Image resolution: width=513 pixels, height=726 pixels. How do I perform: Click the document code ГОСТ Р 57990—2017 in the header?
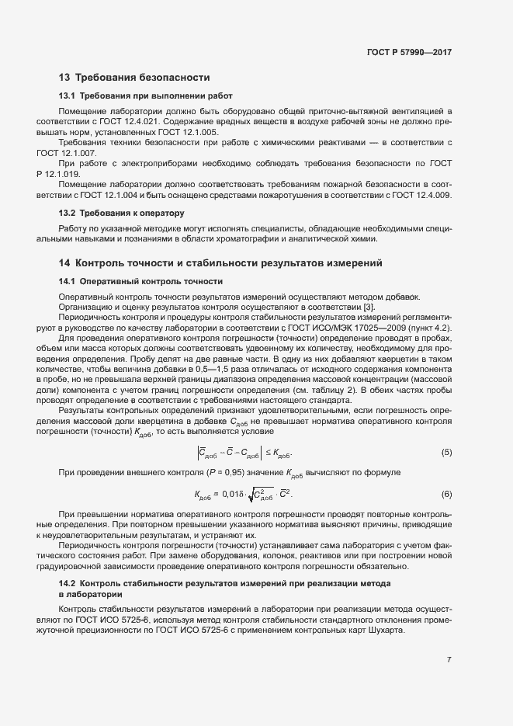409,52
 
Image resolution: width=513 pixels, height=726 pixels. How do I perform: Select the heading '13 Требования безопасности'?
134,78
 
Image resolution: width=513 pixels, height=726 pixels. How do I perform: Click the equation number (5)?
446,452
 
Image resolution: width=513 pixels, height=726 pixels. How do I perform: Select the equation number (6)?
446,494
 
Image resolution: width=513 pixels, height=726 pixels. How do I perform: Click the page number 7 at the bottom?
449,660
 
